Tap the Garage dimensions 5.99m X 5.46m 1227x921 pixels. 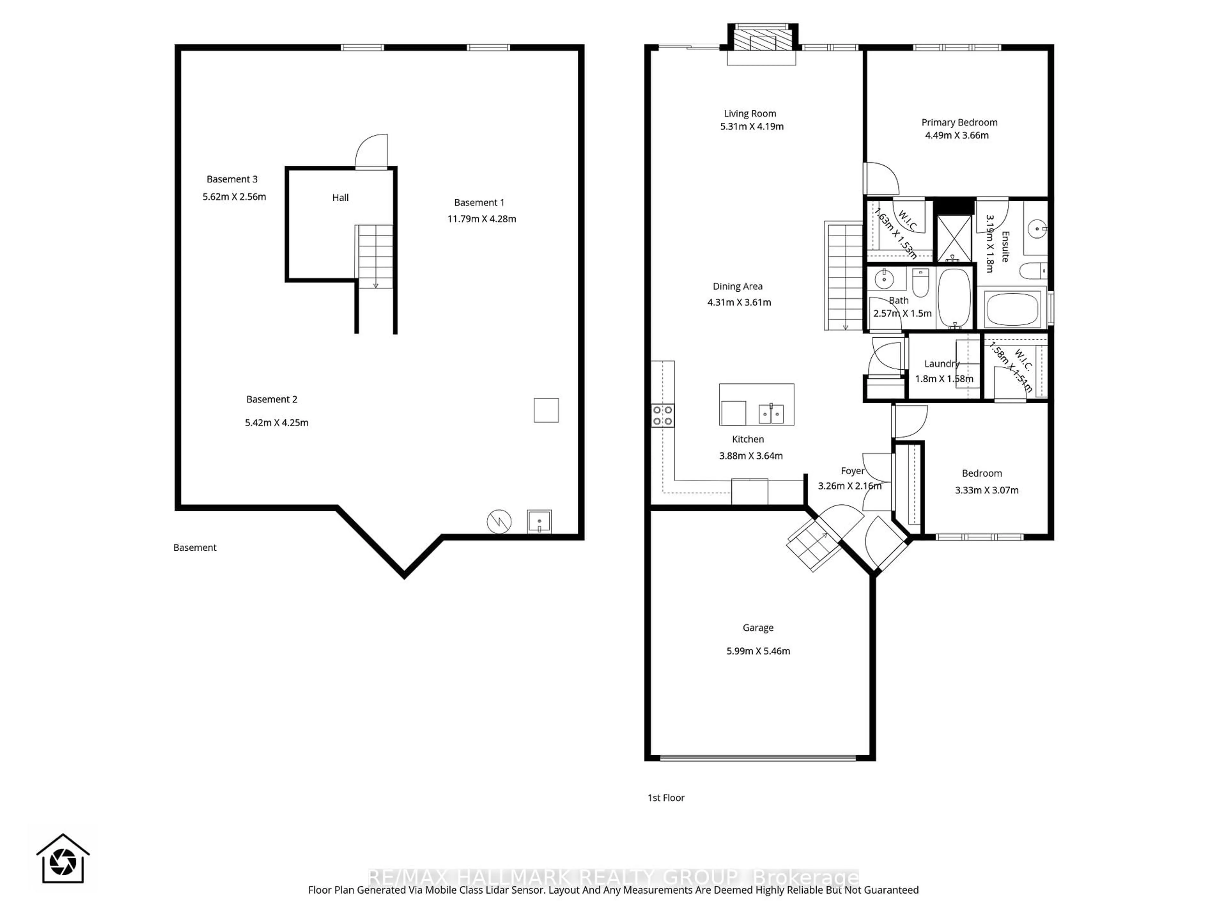click(x=758, y=651)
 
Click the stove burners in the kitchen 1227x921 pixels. click(x=662, y=416)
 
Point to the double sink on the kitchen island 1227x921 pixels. click(x=771, y=413)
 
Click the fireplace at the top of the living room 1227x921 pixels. click(x=762, y=39)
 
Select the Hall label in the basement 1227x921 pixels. click(x=340, y=198)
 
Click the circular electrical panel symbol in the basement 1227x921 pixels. click(x=499, y=522)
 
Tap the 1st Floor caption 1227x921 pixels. click(x=666, y=798)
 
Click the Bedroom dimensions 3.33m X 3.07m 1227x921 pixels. click(x=986, y=490)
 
